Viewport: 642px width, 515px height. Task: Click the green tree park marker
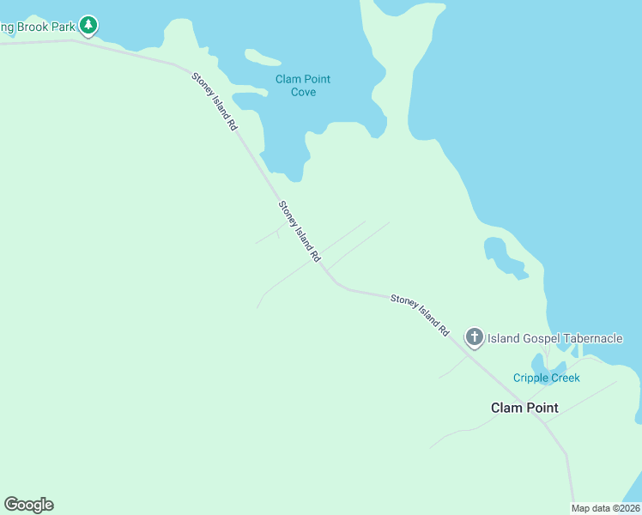88,26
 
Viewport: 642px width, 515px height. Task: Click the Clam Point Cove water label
303,86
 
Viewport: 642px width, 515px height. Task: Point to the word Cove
303,93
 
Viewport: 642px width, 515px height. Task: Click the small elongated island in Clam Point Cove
263,58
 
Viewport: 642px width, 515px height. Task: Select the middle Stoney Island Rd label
300,232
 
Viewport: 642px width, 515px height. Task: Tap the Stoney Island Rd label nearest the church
420,314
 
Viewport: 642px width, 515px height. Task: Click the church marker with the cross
475,337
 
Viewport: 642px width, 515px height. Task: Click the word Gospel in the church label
539,338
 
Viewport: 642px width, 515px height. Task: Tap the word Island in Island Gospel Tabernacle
503,338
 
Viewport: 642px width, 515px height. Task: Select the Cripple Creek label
547,378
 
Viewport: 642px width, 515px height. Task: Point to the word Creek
565,378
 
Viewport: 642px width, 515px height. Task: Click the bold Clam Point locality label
524,408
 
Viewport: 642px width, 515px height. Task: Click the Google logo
28,505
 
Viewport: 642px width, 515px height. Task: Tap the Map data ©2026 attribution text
606,508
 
